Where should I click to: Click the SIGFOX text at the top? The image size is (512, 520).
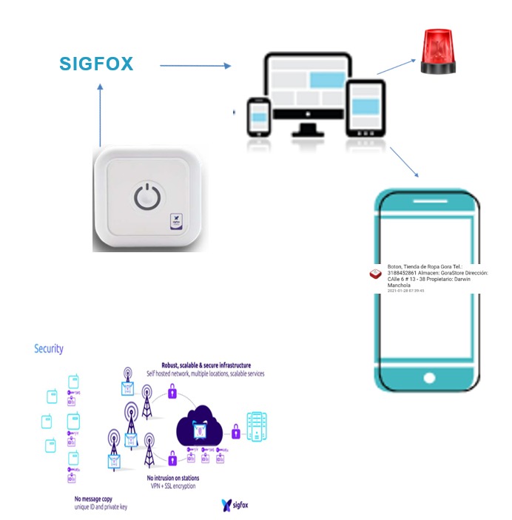point(97,64)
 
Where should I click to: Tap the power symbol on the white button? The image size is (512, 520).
point(146,196)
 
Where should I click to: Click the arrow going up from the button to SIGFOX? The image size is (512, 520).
point(100,115)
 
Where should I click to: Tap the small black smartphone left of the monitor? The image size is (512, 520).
point(258,118)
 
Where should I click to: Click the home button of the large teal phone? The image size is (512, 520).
point(429,377)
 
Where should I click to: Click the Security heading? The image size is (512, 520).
point(49,348)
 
